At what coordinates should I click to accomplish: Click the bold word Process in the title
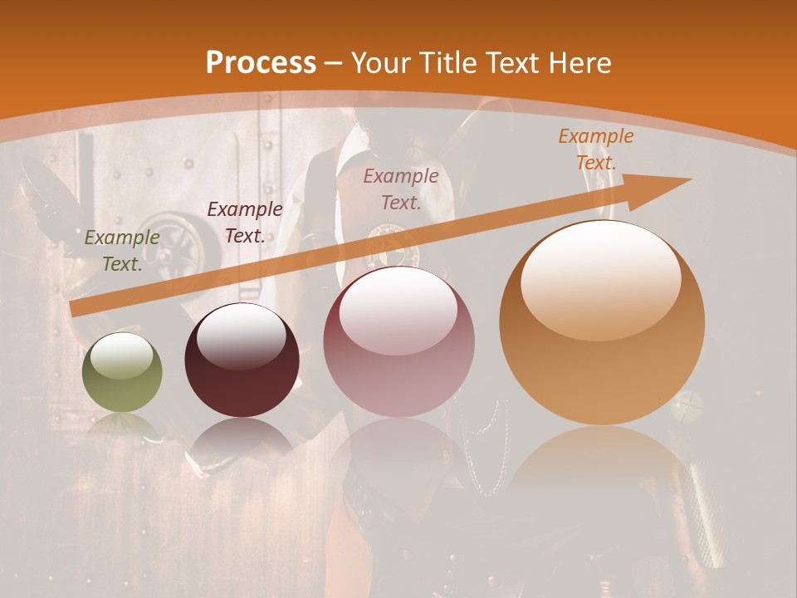pyautogui.click(x=261, y=63)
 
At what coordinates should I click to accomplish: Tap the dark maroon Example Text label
pyautogui.click(x=244, y=223)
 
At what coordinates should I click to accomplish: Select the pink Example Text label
pyautogui.click(x=401, y=189)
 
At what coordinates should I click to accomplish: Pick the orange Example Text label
pyautogui.click(x=596, y=149)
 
